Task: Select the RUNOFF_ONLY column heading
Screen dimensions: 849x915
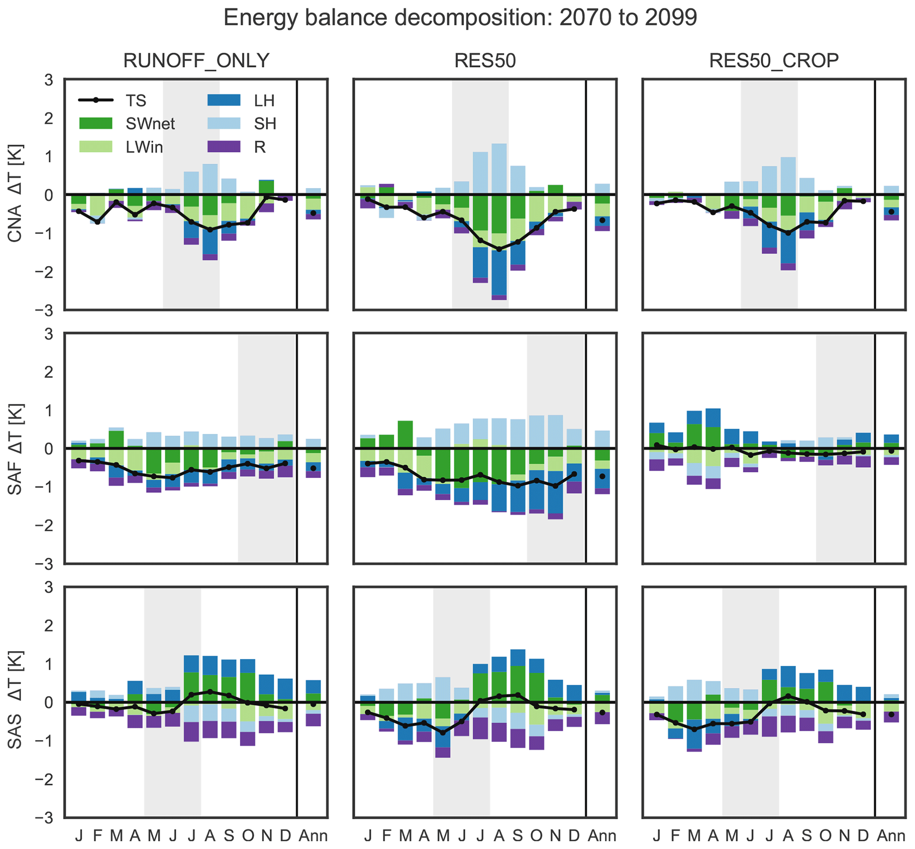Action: click(x=196, y=61)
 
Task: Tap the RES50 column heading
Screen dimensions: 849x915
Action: click(x=485, y=61)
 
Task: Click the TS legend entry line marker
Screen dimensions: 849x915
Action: click(x=96, y=100)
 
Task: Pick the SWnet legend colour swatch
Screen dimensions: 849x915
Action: click(x=96, y=123)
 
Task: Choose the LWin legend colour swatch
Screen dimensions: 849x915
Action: click(x=96, y=147)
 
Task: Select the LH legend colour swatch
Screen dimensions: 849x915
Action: click(x=224, y=100)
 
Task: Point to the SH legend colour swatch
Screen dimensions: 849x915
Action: click(x=224, y=123)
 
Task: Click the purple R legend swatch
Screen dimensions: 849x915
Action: click(x=224, y=147)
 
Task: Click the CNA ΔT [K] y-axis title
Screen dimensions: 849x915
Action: click(x=15, y=193)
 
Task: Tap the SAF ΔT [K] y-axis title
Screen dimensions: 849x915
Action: click(x=15, y=448)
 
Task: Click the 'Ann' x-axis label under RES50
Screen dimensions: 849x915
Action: click(x=602, y=835)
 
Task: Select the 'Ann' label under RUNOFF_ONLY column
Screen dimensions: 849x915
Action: click(x=313, y=835)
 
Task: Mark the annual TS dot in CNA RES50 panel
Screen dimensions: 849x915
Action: click(x=602, y=220)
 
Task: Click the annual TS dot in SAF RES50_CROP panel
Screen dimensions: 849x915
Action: click(x=891, y=451)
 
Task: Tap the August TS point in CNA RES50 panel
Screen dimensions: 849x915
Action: click(x=499, y=249)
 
